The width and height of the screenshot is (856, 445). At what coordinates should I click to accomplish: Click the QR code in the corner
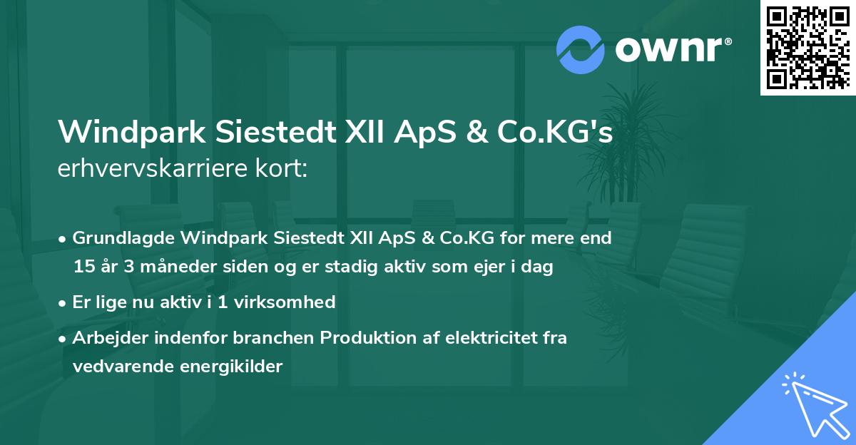click(x=808, y=48)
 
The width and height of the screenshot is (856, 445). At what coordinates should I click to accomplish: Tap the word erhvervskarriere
click(x=153, y=170)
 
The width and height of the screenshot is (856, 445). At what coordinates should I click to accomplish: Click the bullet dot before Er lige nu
click(x=63, y=302)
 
